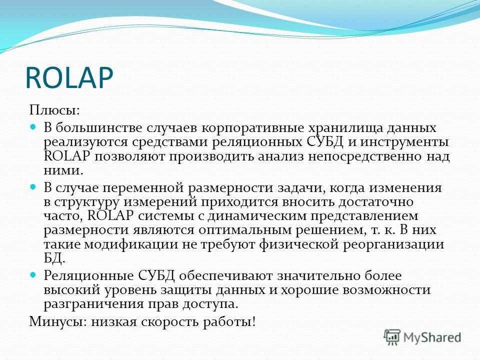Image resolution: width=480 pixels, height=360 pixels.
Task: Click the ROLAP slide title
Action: [69, 78]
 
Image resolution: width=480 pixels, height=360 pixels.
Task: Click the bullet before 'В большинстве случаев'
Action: [33, 126]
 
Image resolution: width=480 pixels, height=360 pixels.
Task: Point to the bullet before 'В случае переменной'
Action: [33, 186]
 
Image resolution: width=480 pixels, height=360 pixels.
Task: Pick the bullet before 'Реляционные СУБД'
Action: [33, 274]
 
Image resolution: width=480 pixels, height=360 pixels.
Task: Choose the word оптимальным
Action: [245, 230]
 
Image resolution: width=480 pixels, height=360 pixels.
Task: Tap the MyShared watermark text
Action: [432, 337]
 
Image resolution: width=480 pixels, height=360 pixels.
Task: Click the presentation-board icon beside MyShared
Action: [392, 337]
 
